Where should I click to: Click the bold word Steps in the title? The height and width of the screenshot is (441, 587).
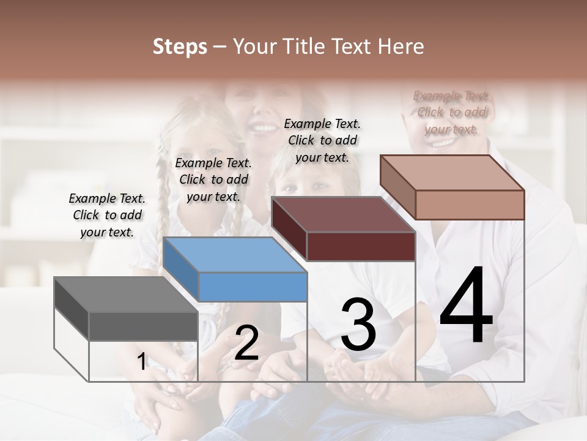tap(180, 47)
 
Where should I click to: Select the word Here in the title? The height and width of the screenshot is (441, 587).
tap(401, 47)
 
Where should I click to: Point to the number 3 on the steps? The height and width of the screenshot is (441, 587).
tap(358, 325)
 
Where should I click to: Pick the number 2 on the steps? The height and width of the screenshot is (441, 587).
tap(246, 343)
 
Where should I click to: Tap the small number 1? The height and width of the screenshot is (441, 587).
tap(141, 362)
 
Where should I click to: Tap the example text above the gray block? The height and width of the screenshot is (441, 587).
tap(107, 215)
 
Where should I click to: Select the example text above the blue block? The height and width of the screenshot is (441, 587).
tap(213, 179)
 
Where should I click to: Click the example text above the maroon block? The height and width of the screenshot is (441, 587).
tap(322, 140)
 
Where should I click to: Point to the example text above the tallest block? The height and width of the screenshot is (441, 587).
tap(451, 112)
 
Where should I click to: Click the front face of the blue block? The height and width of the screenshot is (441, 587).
tap(253, 287)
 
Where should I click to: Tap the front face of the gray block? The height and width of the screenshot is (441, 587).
tap(144, 326)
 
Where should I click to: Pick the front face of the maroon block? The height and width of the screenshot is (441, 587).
tap(361, 246)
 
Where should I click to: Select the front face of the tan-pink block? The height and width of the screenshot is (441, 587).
tap(470, 205)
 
